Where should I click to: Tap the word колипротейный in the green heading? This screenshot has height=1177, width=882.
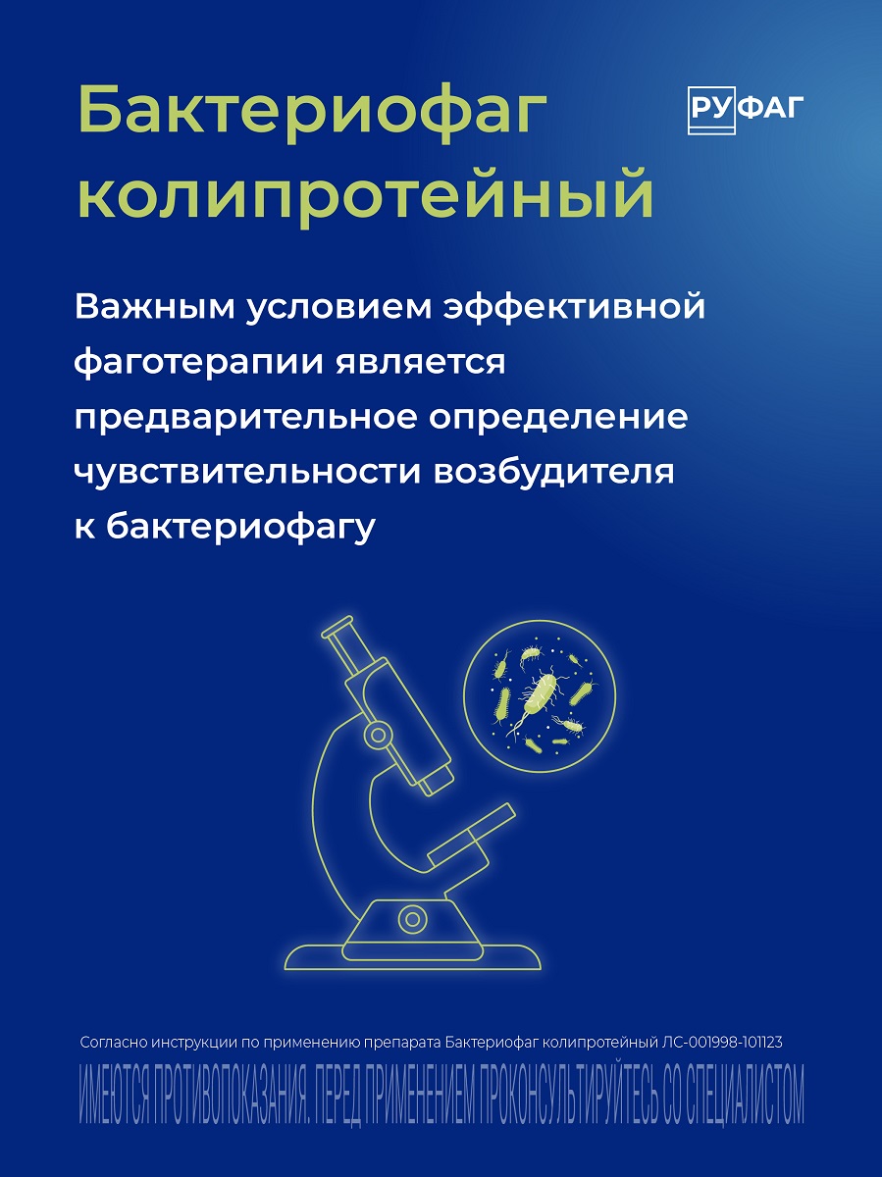(x=365, y=194)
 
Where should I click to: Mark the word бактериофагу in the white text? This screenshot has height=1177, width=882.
(x=240, y=527)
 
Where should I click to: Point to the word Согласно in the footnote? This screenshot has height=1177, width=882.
(x=113, y=1042)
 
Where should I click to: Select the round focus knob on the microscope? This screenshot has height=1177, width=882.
(x=375, y=733)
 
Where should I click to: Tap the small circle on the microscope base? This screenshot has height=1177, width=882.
(x=412, y=919)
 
